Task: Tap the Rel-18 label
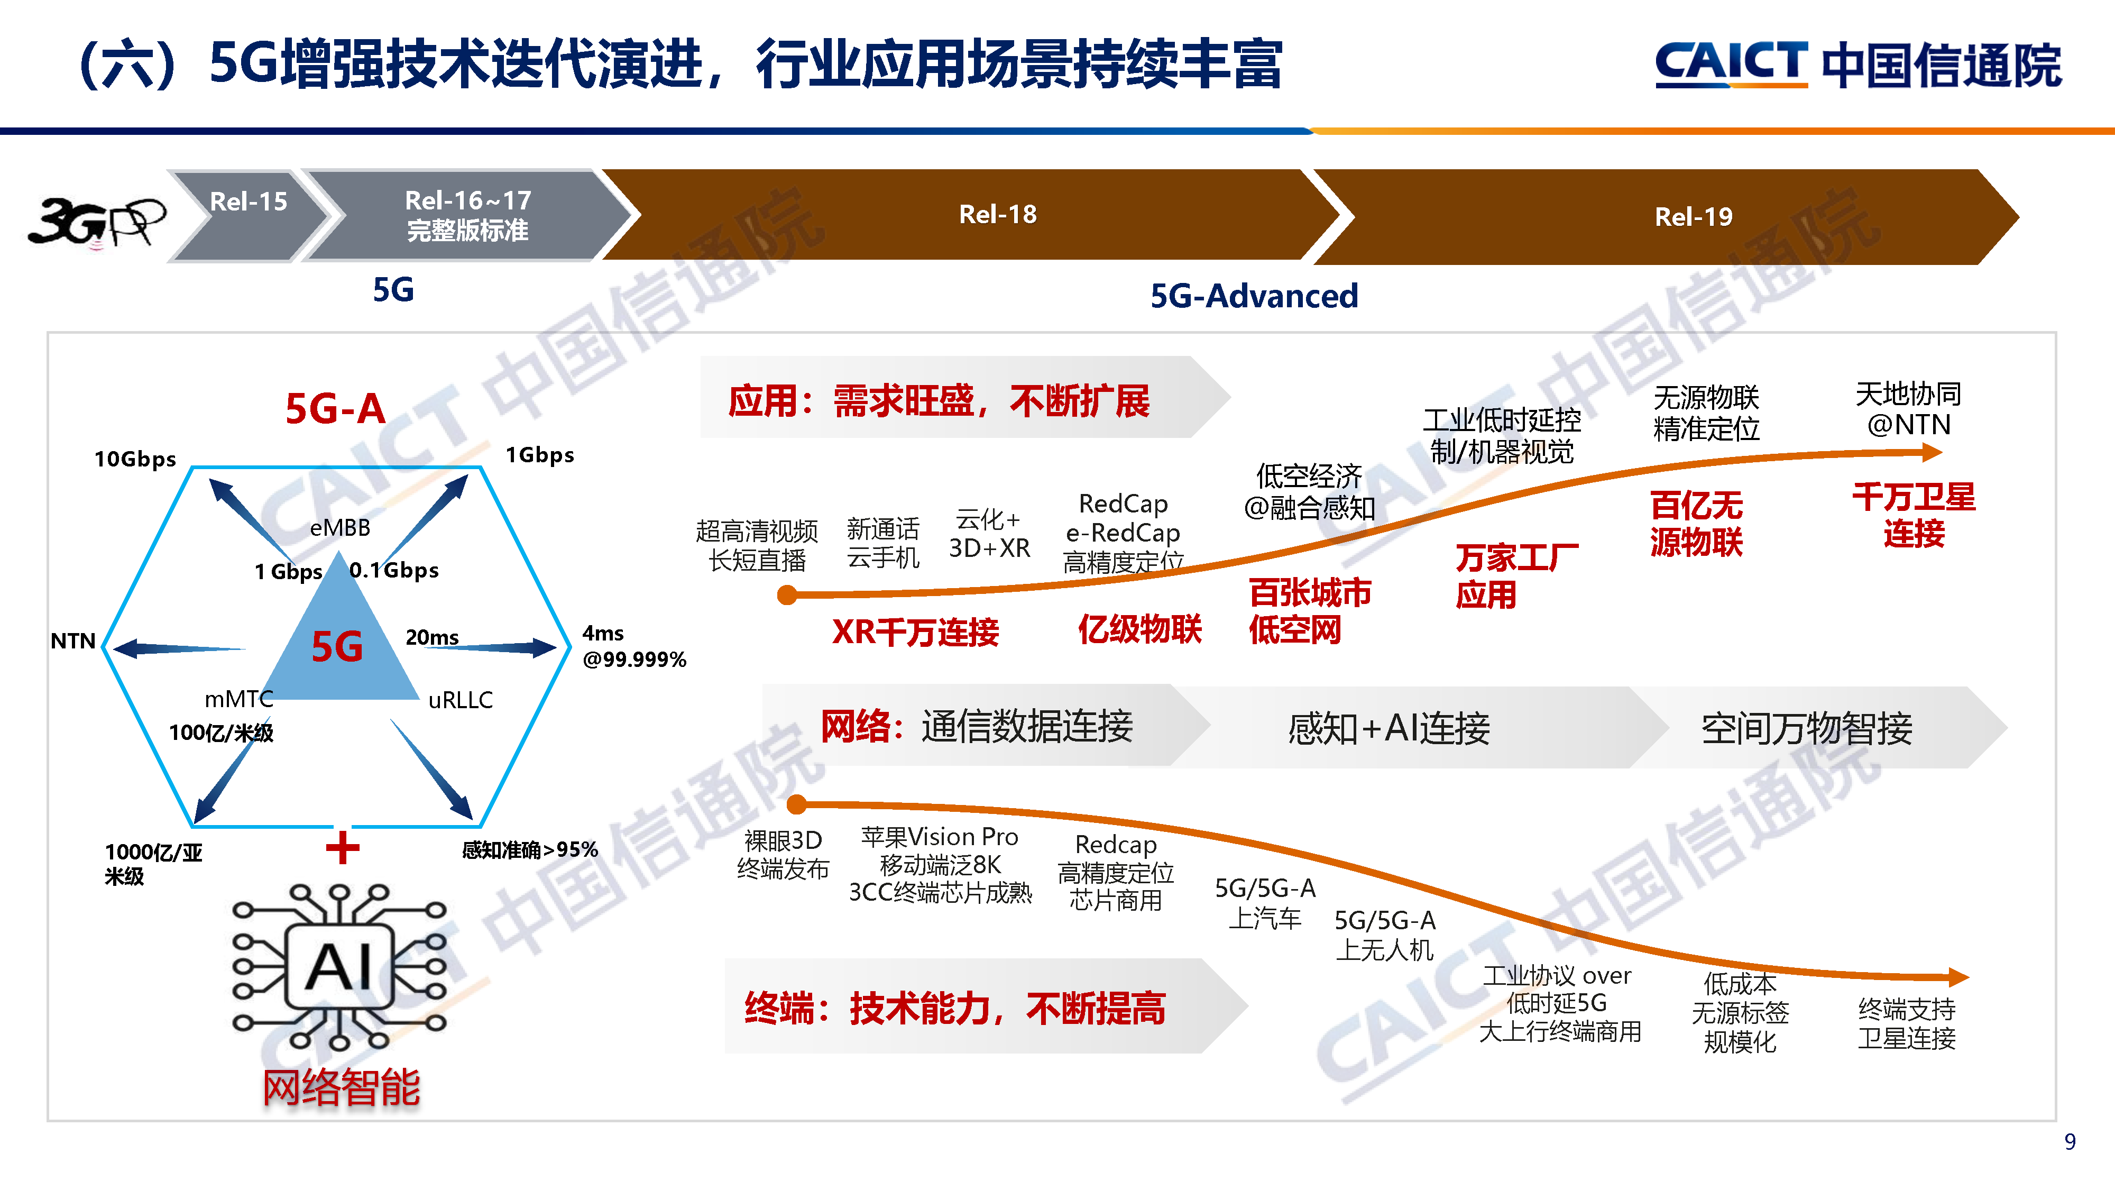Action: click(x=998, y=214)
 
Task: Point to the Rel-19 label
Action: click(x=1693, y=217)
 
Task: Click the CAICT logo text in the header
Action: click(x=1731, y=63)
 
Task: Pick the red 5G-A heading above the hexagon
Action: click(x=335, y=408)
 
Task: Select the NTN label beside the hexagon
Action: click(x=73, y=640)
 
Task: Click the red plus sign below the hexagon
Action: click(x=343, y=847)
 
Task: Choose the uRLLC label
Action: click(x=461, y=700)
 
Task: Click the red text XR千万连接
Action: click(x=915, y=631)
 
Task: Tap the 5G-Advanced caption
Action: click(x=1254, y=296)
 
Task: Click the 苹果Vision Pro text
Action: click(x=939, y=837)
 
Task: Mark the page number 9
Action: click(x=2070, y=1141)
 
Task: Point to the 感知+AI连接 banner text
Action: click(x=1388, y=728)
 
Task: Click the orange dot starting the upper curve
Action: click(x=787, y=594)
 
